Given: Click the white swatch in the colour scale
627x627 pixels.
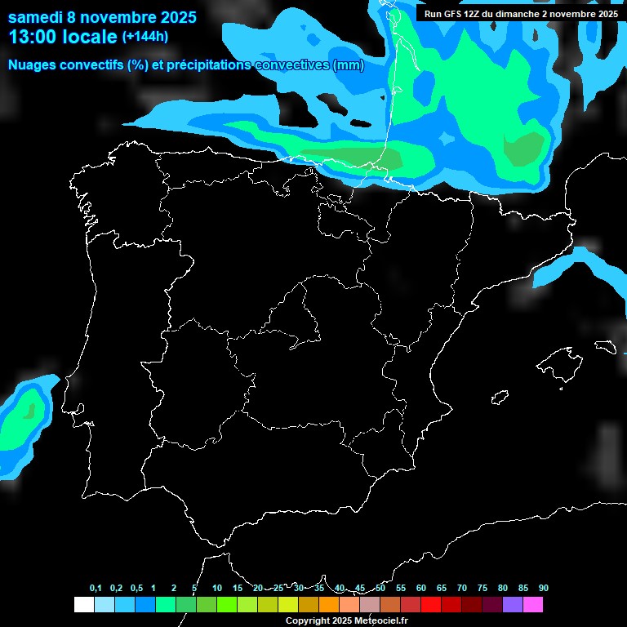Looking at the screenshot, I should tap(83, 605).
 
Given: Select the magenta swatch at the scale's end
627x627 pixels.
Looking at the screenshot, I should tap(533, 605).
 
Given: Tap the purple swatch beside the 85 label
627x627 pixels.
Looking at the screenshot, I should tap(513, 605).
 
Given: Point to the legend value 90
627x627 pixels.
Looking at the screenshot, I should tap(544, 589).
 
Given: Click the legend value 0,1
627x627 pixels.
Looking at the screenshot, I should tap(96, 589).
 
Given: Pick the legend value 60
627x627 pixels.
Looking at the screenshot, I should tap(421, 589).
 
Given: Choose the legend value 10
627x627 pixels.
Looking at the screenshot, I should tap(217, 589).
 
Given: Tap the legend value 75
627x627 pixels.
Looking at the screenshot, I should tap(482, 589).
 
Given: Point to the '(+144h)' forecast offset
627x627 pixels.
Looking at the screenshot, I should tap(145, 37).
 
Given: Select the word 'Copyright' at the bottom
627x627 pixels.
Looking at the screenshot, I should tap(307, 621).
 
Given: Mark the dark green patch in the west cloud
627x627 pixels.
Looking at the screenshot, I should tap(30, 411).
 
